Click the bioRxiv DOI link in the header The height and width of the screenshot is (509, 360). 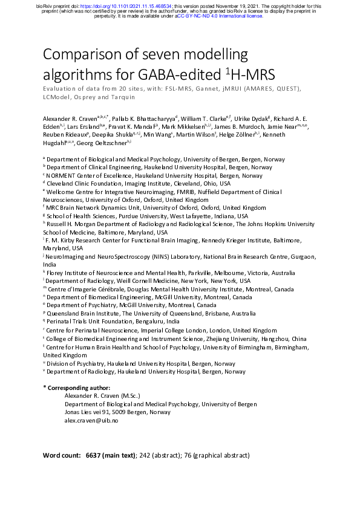click(x=119, y=5)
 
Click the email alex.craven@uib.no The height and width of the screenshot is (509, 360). click(x=91, y=420)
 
